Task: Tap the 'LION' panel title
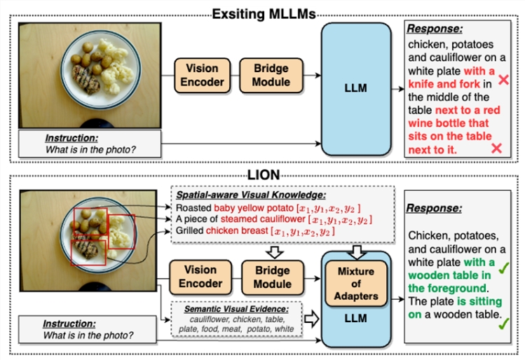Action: click(x=263, y=173)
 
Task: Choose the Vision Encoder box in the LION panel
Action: click(x=201, y=277)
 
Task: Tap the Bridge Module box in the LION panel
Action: click(x=272, y=277)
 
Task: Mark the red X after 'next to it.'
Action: click(x=497, y=148)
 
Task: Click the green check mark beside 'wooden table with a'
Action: click(x=503, y=264)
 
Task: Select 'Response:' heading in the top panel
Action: click(x=435, y=30)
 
